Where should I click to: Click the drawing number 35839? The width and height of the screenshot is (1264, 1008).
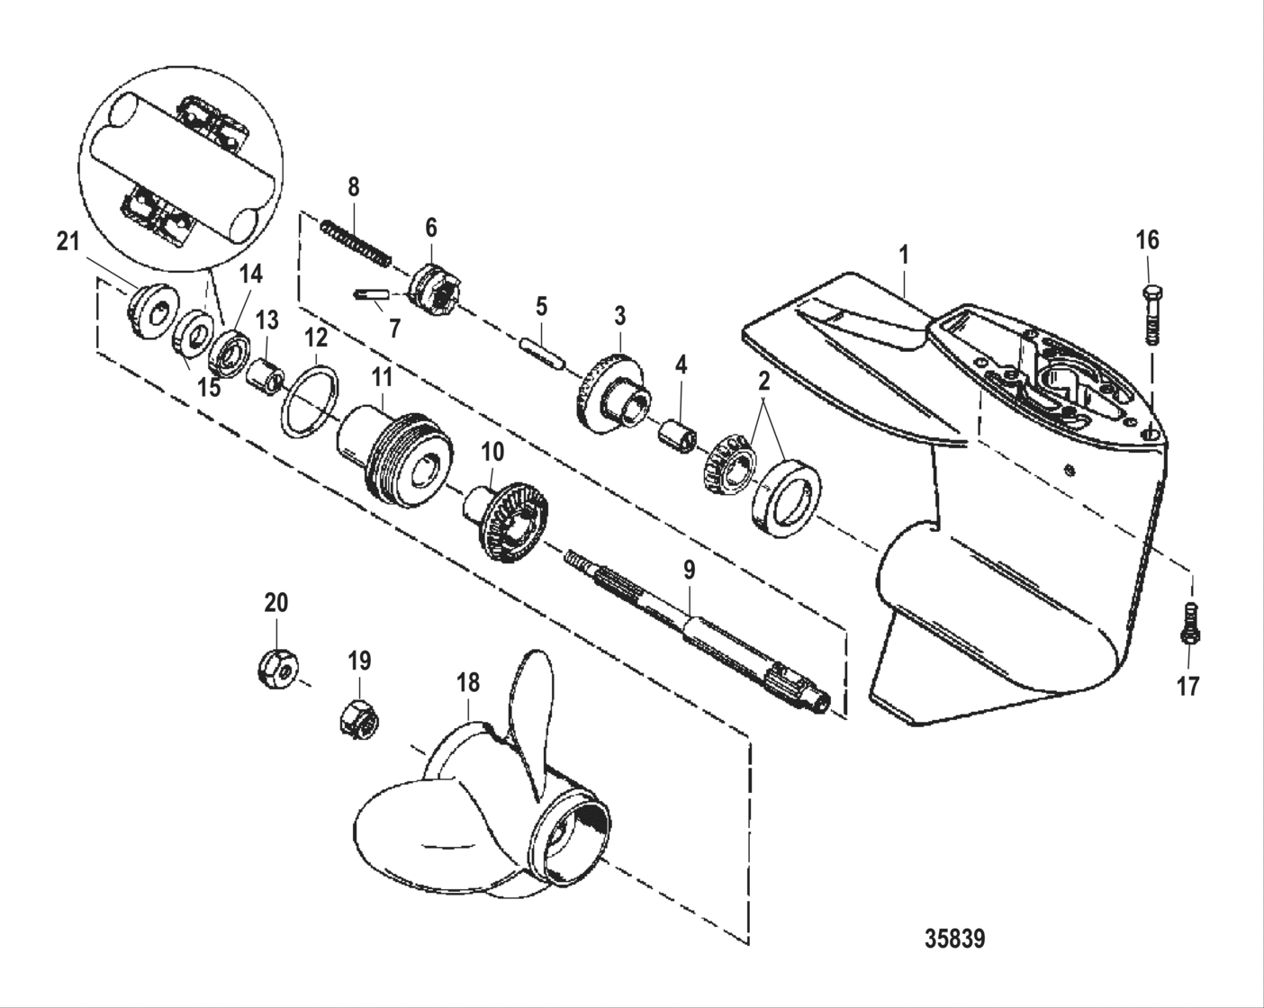[954, 939]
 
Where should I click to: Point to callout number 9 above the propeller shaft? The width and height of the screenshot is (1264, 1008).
[690, 569]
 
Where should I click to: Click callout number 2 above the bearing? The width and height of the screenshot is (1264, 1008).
[764, 381]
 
